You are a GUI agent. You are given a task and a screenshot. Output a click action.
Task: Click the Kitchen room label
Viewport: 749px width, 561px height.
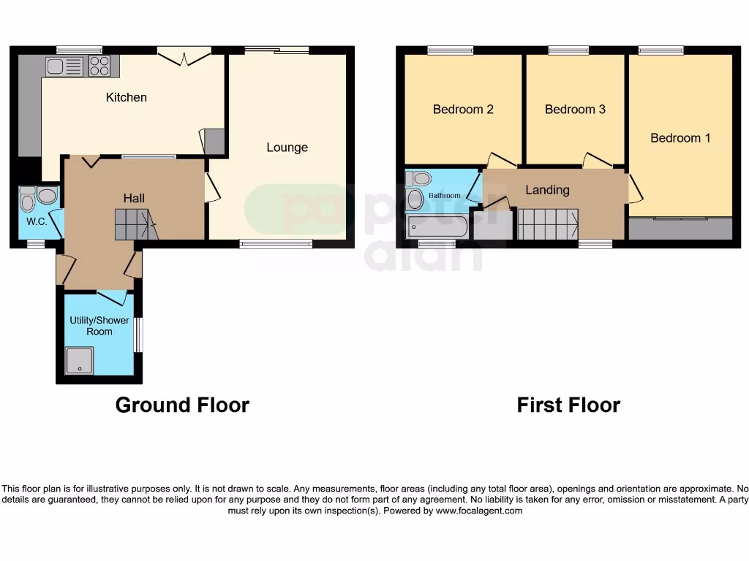(x=127, y=97)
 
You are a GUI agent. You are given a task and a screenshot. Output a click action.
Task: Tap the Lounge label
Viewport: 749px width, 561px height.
(x=287, y=148)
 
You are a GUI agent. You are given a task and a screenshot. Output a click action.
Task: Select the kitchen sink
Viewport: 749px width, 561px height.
(x=65, y=67)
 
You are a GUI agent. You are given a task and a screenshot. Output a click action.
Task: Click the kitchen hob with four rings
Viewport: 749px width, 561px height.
(x=99, y=66)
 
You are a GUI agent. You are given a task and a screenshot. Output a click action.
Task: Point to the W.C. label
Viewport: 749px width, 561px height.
(x=37, y=221)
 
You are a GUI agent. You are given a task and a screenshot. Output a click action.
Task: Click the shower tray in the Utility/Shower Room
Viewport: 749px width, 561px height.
(x=80, y=361)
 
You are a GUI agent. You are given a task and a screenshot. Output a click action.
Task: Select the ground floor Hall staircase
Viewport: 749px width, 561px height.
(x=135, y=224)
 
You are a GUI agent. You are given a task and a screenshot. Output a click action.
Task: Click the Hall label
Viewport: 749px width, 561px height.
(x=134, y=198)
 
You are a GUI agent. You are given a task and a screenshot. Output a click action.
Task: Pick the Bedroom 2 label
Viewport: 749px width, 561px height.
(x=463, y=110)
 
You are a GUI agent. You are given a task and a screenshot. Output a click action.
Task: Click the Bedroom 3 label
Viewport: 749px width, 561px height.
(x=575, y=110)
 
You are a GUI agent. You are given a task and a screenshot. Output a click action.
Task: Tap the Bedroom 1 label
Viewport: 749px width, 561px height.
(x=680, y=138)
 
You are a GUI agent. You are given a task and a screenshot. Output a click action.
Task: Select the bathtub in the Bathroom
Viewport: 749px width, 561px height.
(x=437, y=226)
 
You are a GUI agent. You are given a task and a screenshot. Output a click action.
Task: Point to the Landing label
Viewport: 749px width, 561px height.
(x=547, y=190)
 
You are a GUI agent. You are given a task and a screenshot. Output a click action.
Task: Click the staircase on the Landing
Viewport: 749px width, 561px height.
(x=548, y=224)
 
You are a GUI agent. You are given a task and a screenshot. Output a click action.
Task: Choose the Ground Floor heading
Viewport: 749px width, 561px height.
(x=182, y=405)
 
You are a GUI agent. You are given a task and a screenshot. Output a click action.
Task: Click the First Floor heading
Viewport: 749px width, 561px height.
(x=568, y=405)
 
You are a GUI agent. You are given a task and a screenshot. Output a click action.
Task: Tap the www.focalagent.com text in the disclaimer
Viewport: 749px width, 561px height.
(x=479, y=511)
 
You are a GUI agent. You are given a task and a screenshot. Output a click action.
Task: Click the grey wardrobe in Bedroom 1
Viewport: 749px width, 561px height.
(x=680, y=229)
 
